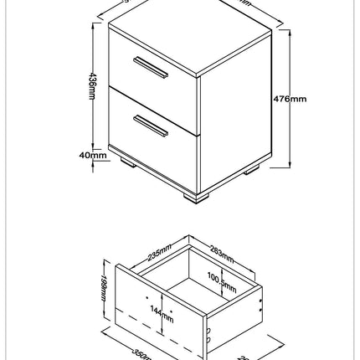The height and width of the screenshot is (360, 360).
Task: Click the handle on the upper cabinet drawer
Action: click(x=147, y=66)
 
